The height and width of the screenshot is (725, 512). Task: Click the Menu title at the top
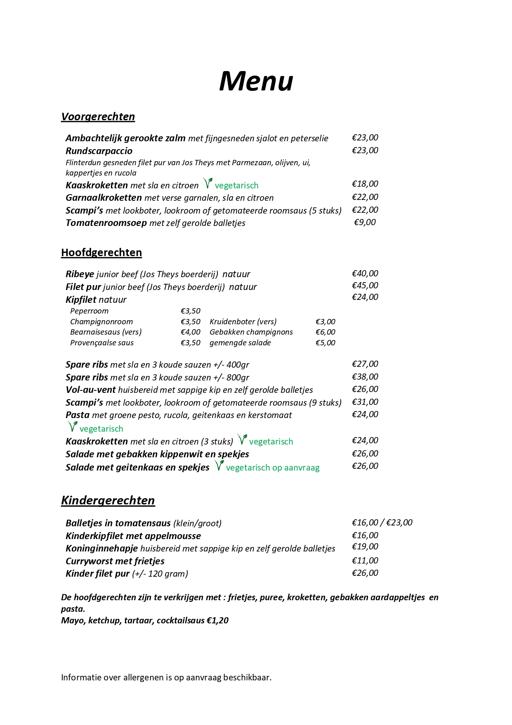[256, 81]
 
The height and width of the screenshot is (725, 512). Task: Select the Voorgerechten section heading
[98, 116]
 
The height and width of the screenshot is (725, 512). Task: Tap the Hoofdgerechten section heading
[101, 252]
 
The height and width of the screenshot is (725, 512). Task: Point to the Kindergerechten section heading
[108, 500]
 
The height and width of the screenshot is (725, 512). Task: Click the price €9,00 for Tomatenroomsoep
[365, 222]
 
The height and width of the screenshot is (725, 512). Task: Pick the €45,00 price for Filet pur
[365, 285]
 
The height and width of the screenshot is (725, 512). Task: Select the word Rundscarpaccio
[99, 151]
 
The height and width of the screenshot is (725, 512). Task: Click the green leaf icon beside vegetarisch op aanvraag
[219, 466]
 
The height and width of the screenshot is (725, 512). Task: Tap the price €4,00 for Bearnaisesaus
[190, 332]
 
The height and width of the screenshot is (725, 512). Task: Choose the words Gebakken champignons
[251, 332]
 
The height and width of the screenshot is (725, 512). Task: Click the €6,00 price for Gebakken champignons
[325, 332]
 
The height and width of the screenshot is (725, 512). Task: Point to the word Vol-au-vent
[90, 390]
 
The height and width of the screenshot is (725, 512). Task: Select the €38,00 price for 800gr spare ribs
[365, 377]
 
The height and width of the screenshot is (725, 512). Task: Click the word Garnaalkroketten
[104, 198]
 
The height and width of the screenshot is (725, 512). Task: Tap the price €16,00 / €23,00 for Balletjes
[382, 523]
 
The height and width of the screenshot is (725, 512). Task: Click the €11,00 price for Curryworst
[365, 561]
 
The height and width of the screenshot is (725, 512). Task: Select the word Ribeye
[80, 274]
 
